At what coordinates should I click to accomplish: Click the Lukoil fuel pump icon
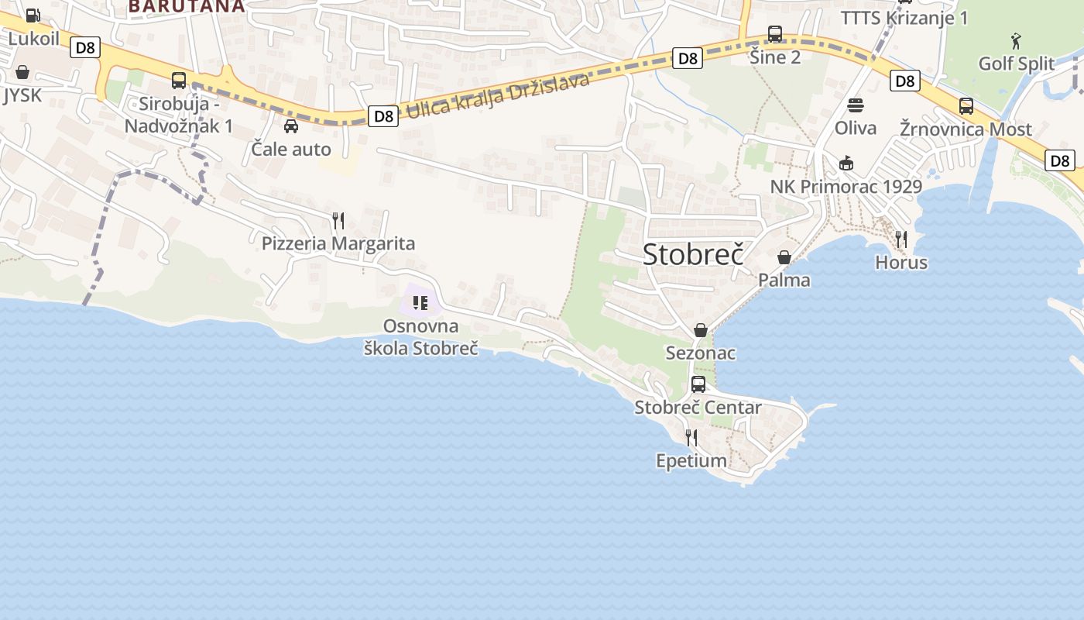33,15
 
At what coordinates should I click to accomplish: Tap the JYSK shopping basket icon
22,72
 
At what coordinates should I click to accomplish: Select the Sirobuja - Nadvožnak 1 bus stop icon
179,80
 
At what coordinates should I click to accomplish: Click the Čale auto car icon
291,126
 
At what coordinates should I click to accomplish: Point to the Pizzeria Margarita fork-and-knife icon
338,221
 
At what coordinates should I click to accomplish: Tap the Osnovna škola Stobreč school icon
420,302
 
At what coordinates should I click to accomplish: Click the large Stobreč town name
693,253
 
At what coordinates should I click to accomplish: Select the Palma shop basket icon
784,257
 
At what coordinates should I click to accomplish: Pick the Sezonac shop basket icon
701,330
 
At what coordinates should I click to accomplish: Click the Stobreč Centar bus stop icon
698,384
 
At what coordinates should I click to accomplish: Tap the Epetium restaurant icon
691,437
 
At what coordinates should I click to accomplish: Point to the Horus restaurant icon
901,239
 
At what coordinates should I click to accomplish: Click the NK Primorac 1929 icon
846,163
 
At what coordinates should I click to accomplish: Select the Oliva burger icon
856,105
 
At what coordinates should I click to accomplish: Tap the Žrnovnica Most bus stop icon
966,106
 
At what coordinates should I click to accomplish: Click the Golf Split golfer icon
1016,40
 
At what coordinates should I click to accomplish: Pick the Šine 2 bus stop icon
775,34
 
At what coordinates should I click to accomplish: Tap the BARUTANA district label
186,6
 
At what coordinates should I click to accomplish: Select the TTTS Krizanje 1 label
904,18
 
